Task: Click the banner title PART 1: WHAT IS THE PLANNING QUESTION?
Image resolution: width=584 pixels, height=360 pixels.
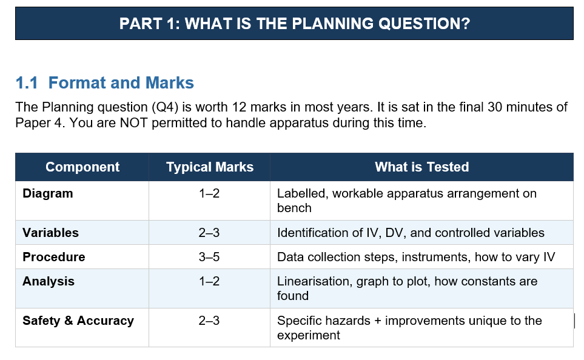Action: point(295,24)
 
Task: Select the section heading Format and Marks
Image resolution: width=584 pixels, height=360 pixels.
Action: point(121,82)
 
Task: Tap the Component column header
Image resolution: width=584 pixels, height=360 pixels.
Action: point(82,167)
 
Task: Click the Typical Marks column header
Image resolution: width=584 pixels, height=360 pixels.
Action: point(210,167)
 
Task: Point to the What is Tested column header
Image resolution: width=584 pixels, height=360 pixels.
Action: point(421,167)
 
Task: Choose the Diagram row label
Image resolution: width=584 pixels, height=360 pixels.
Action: point(48,193)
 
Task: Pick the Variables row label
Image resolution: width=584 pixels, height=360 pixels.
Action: point(51,233)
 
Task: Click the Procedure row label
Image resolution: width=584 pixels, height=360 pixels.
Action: point(53,257)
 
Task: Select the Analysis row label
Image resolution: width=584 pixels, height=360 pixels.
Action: point(49,281)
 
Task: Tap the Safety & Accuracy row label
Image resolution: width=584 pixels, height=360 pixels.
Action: point(78,321)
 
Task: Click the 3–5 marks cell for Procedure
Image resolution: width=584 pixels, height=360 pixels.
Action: point(209,257)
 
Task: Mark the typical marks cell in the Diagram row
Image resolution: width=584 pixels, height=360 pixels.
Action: point(209,193)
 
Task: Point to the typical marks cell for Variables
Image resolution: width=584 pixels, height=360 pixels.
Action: point(209,233)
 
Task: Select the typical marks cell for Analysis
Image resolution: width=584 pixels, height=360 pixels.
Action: point(209,281)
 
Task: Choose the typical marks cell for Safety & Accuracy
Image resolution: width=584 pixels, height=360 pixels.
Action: point(209,321)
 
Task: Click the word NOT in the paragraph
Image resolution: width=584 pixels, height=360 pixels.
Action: point(133,122)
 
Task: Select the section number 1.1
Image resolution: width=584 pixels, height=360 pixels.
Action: point(27,82)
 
